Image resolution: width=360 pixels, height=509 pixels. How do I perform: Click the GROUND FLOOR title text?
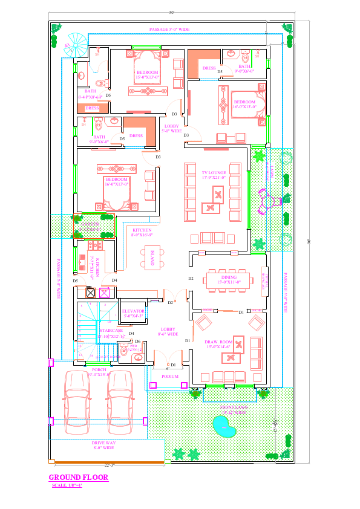[78, 478]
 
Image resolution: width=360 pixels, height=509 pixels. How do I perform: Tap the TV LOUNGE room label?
[214, 175]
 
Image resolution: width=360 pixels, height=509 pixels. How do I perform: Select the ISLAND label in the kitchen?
[152, 258]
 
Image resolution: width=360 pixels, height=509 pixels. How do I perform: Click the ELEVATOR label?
[133, 313]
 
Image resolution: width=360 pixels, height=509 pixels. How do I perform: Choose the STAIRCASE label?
[111, 333]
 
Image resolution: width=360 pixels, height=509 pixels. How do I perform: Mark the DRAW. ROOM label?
[219, 344]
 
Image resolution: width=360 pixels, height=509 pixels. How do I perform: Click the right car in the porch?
[119, 402]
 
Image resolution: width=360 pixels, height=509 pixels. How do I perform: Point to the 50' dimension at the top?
[171, 11]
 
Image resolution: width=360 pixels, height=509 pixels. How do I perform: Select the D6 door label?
[137, 342]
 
